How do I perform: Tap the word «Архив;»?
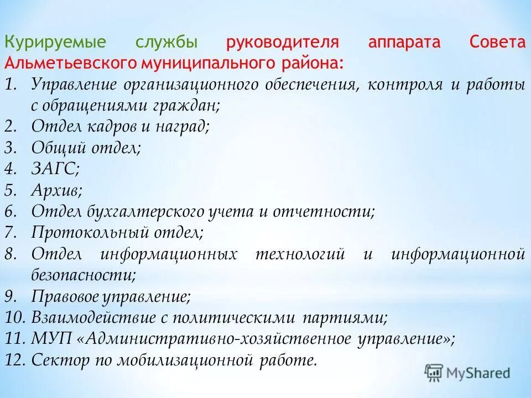click(x=57, y=190)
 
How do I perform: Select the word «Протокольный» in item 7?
click(x=83, y=232)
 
